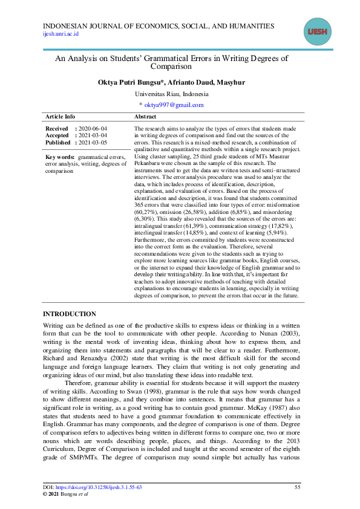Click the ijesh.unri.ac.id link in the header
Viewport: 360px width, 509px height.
tap(61, 34)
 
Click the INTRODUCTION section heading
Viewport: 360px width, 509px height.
tap(69, 314)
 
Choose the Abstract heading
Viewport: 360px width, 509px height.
tap(145, 117)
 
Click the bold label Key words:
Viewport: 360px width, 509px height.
tap(60, 157)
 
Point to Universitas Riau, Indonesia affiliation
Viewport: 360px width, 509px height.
tap(171, 94)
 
